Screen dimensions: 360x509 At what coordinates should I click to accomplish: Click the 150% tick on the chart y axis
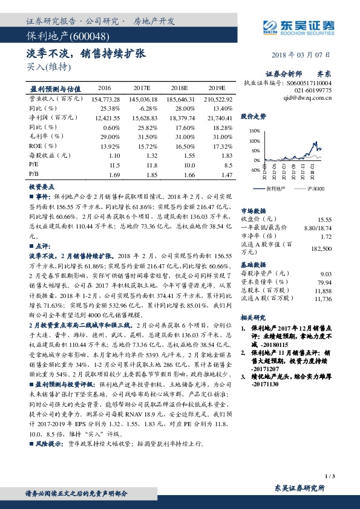pos(255,131)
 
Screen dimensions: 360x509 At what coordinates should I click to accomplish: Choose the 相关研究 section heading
pos(254,317)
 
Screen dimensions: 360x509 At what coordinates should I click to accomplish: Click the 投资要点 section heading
pos(42,187)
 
